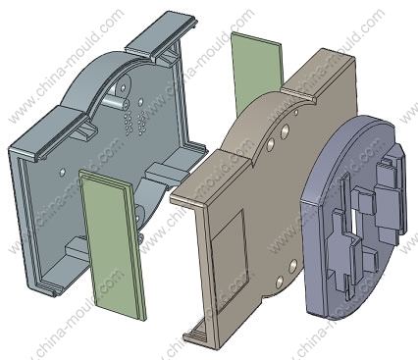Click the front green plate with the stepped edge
112,242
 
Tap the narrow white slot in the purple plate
353,222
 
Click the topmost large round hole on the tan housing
285,130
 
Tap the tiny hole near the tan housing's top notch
296,113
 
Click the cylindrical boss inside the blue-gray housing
117,101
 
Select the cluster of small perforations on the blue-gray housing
134,122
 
